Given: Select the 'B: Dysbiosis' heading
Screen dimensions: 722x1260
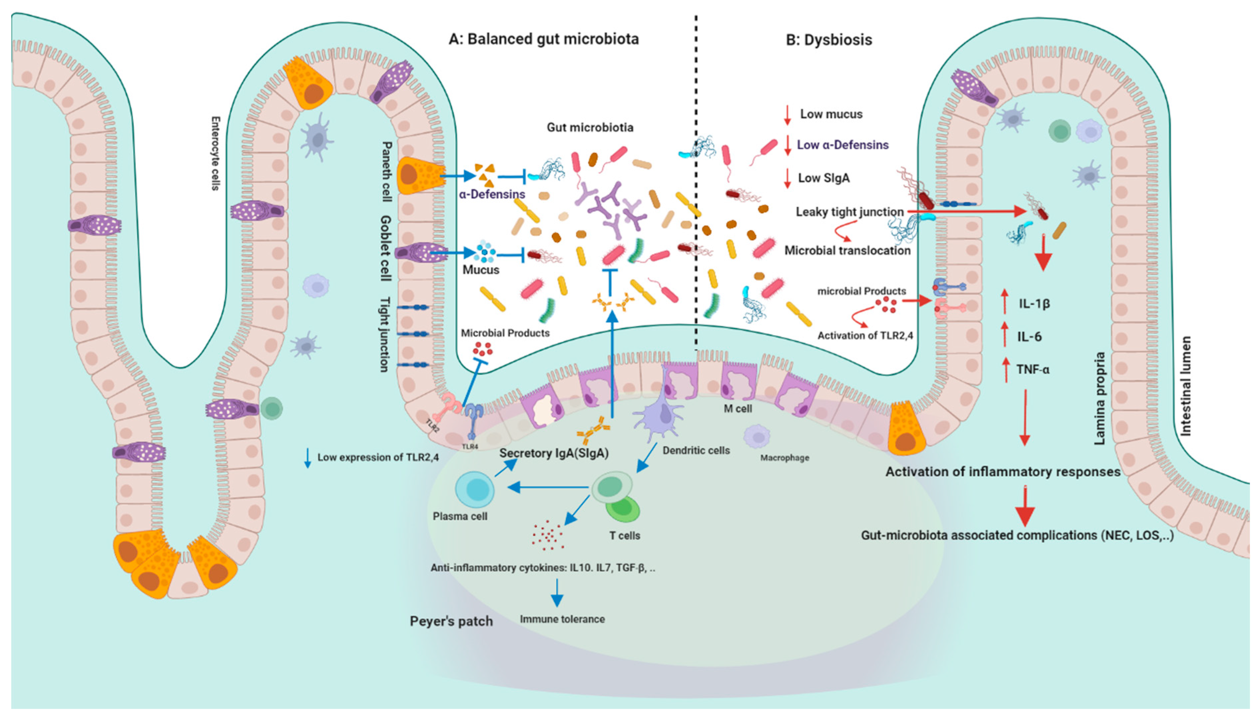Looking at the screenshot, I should click(829, 40).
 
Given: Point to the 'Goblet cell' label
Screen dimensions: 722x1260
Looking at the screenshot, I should click(385, 248).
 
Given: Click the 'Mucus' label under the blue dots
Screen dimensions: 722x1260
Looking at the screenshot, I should click(480, 270).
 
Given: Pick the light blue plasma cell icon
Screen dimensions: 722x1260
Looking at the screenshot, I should click(475, 489).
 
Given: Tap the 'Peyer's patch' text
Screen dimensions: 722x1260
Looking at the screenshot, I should click(451, 621).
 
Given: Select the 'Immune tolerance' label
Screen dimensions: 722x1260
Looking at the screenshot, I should click(562, 619).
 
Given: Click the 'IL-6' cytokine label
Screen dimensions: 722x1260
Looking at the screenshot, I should click(1029, 337).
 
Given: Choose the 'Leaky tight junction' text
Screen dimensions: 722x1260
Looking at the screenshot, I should click(849, 212).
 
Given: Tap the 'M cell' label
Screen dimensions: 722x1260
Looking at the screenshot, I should click(738, 409).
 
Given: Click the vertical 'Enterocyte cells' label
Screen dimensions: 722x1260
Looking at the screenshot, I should click(215, 153).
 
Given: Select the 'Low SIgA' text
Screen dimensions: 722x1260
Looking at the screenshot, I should click(824, 178).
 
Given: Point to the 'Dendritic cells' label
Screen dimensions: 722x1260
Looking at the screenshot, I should click(696, 450).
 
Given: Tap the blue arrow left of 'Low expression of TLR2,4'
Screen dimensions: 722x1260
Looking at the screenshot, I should click(308, 457).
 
